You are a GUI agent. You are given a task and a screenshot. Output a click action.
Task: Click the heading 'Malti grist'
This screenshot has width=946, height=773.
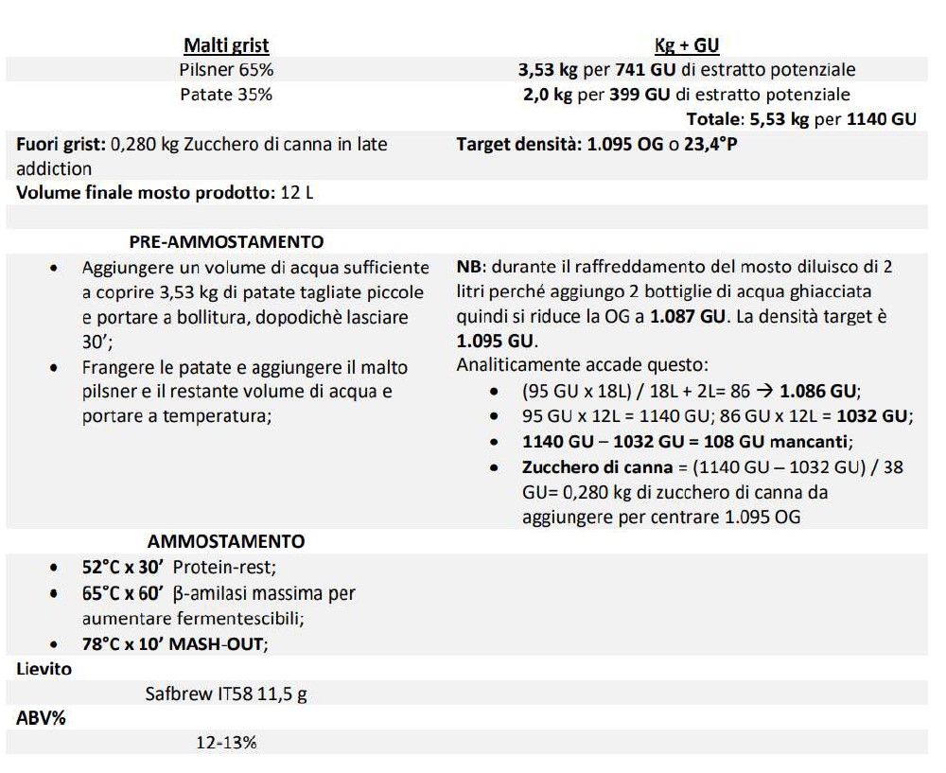coord(226,45)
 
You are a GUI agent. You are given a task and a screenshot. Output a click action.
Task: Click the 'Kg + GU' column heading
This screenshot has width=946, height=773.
coord(688,45)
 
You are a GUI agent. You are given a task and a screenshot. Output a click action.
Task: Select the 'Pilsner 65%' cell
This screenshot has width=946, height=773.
coord(227,70)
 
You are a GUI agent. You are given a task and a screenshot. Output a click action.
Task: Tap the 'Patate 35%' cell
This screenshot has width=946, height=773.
coord(226,95)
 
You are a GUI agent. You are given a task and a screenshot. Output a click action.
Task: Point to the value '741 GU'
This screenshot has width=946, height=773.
coord(644,70)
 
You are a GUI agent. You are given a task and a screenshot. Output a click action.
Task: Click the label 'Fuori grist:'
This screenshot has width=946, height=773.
coord(61,145)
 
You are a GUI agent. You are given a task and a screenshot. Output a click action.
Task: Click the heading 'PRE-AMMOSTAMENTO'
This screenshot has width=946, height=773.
coord(226,242)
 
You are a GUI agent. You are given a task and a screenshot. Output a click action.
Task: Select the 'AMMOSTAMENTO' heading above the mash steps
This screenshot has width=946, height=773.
coord(226,542)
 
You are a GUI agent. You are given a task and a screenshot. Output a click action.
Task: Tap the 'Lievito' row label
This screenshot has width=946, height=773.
coord(44,669)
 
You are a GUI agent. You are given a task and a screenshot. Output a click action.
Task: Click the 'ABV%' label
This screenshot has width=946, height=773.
coord(41,718)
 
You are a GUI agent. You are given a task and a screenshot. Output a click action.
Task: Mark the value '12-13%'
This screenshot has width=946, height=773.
coord(226,743)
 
